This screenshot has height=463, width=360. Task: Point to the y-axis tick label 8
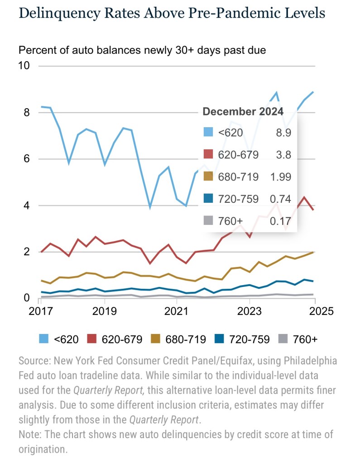tap(26, 112)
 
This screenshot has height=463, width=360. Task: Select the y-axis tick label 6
tap(26, 159)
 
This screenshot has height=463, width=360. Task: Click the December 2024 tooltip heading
tap(243, 112)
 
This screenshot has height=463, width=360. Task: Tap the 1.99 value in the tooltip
tap(282, 177)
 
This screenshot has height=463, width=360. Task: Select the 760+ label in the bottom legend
tap(305, 339)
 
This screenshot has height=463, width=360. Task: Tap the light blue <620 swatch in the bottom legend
tap(44, 339)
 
